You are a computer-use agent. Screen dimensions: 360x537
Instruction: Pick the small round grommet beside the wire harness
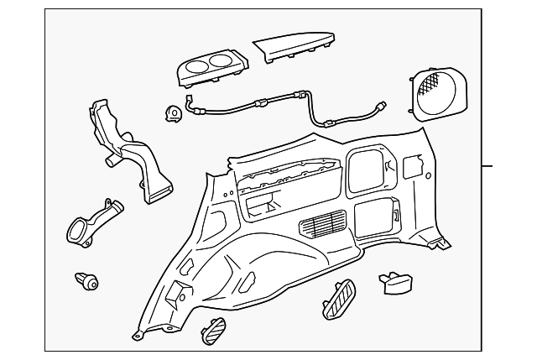[175, 112]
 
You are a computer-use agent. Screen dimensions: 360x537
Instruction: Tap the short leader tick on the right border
[487, 166]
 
